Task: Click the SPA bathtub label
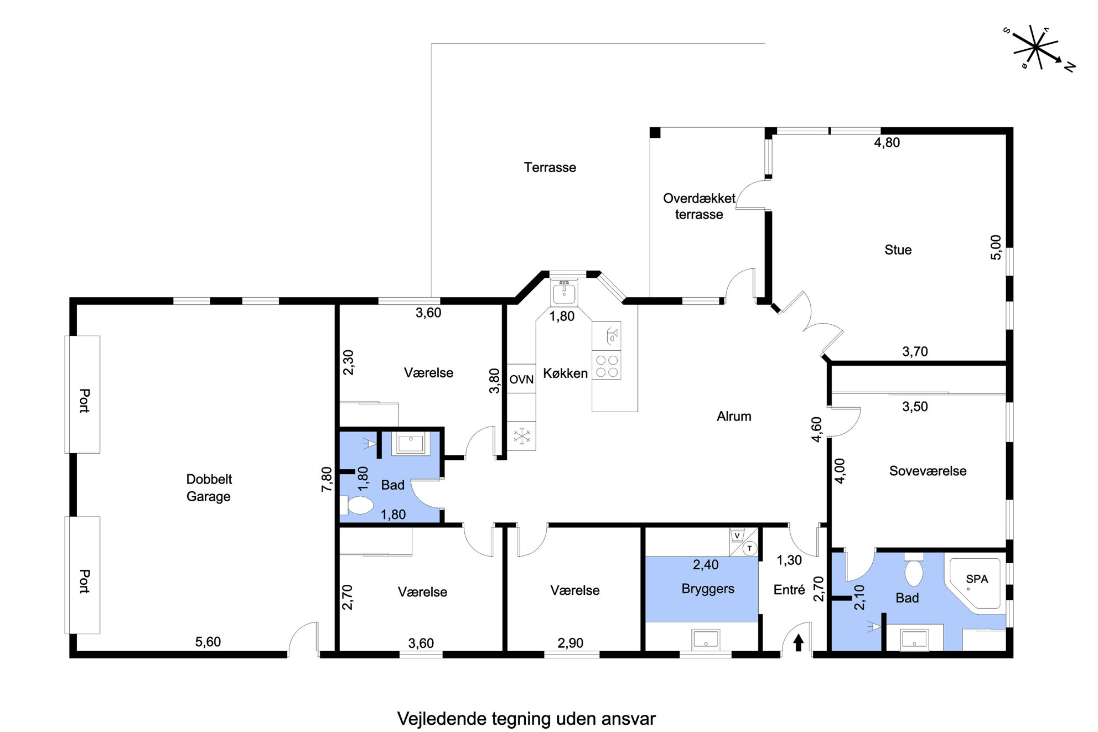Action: (977, 579)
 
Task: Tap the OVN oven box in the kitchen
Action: (521, 379)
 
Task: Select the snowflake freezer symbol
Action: (521, 436)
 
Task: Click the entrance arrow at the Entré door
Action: (798, 643)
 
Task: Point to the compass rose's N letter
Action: (1069, 66)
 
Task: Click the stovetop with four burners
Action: (607, 365)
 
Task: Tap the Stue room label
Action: (898, 250)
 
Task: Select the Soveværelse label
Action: (928, 471)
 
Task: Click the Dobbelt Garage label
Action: (209, 487)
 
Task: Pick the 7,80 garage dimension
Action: (327, 479)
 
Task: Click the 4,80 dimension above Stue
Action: (887, 143)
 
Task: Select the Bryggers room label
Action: (708, 589)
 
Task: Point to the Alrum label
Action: (734, 417)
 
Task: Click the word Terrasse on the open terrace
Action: (550, 168)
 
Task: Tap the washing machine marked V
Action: (737, 536)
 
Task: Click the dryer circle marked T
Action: (750, 548)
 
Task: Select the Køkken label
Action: (565, 373)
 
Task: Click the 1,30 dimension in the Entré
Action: (789, 560)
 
